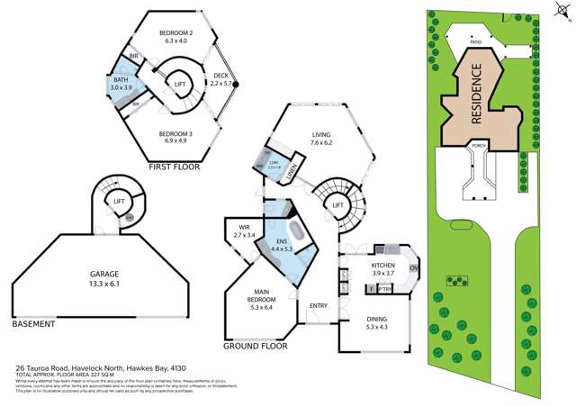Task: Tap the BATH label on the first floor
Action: (x=120, y=81)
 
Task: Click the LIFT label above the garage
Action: (x=117, y=202)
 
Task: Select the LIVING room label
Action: (x=322, y=135)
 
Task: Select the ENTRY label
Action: (x=318, y=306)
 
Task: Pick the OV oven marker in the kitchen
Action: (x=413, y=267)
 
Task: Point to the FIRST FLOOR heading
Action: (x=174, y=167)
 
